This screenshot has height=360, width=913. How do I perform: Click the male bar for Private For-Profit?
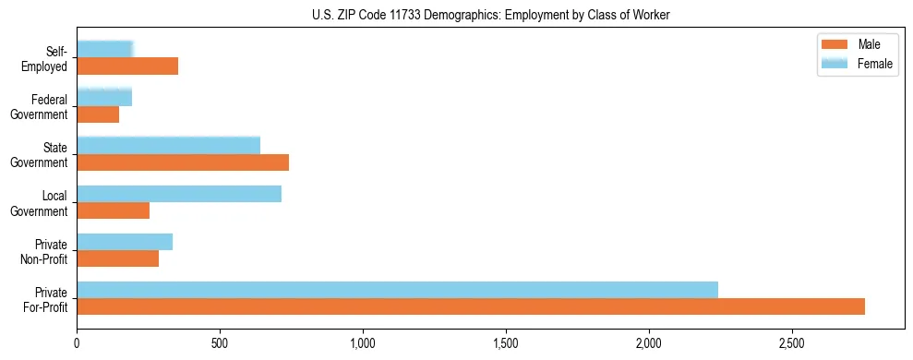(471, 306)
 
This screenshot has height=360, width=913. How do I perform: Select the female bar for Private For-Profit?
(397, 290)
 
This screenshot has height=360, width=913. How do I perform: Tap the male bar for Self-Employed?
(127, 66)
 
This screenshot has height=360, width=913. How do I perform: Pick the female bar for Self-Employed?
(105, 49)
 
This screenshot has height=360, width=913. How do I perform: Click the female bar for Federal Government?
(104, 97)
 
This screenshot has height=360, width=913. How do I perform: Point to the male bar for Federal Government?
(98, 114)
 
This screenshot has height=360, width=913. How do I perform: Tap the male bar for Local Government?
(113, 210)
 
